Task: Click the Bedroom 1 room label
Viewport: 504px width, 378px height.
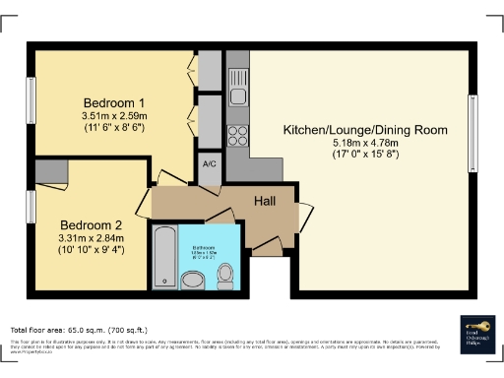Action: tap(114, 102)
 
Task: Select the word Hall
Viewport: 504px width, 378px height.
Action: tap(265, 200)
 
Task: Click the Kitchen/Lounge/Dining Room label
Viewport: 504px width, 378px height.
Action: tap(365, 130)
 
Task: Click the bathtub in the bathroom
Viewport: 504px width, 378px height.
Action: tap(163, 253)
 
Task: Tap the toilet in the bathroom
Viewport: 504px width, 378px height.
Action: tap(224, 272)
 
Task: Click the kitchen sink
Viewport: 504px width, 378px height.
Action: tap(237, 95)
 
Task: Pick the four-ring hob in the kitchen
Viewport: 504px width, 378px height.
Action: tap(237, 133)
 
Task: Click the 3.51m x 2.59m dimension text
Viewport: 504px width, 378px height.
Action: tap(114, 116)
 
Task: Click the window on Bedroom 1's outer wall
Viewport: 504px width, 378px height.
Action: tap(30, 99)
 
